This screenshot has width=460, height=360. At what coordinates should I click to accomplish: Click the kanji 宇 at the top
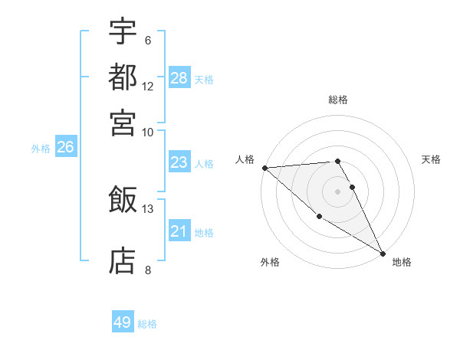click(x=123, y=33)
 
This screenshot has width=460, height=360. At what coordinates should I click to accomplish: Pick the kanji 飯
click(x=123, y=200)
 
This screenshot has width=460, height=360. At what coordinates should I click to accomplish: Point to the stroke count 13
click(x=148, y=208)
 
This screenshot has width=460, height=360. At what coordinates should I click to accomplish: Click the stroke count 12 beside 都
click(x=148, y=86)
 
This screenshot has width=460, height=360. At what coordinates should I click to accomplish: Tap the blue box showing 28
click(x=179, y=77)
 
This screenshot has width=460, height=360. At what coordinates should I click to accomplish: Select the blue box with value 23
click(x=179, y=162)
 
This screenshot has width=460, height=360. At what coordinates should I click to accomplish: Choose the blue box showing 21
click(x=179, y=231)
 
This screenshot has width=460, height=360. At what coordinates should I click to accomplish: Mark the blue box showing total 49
click(x=123, y=322)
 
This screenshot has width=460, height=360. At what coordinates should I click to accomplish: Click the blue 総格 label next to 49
click(x=147, y=324)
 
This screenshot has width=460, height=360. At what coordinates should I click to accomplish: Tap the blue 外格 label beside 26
click(x=41, y=149)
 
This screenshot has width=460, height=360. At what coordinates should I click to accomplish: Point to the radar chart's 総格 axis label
click(x=338, y=100)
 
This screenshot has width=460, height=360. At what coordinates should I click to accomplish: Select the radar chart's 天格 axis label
click(x=432, y=159)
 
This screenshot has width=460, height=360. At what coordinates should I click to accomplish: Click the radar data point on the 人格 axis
click(x=264, y=168)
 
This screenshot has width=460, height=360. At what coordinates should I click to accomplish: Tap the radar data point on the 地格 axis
click(x=383, y=253)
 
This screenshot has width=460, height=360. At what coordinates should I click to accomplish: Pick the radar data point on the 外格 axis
click(x=319, y=217)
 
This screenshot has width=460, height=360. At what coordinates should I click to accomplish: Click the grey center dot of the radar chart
click(x=338, y=191)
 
